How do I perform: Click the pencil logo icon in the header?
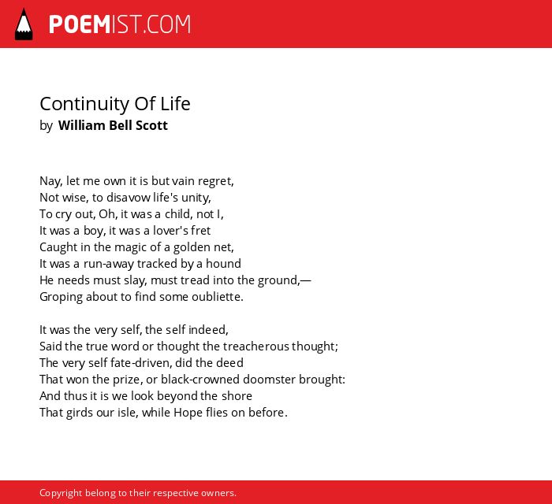pos(24,24)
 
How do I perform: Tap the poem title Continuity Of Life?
pos(115,104)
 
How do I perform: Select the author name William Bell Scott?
pos(113,125)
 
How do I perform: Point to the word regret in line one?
pos(215,182)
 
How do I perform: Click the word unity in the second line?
pos(196,198)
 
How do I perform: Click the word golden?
pos(192,247)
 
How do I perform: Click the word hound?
pos(223,264)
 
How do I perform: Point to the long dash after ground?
pos(306,280)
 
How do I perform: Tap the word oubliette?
pos(217,297)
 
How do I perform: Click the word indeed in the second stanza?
pos(208,330)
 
